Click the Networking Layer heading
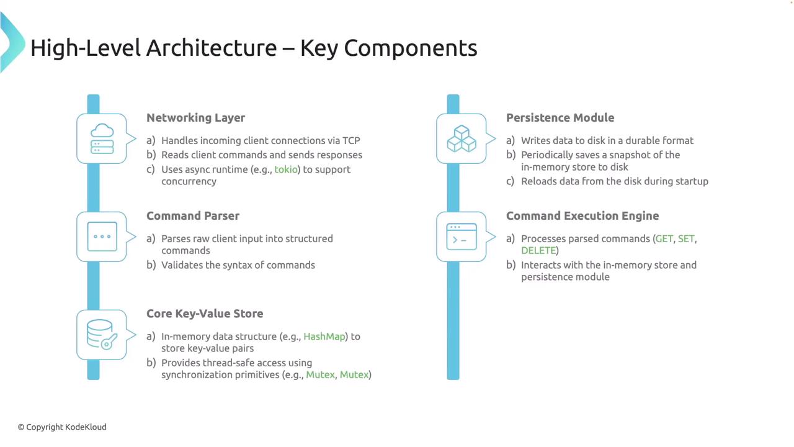[195, 117]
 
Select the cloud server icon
[102, 138]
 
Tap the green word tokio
[286, 169]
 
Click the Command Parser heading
[193, 215]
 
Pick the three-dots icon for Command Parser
[102, 237]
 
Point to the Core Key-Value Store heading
[205, 314]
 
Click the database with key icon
[102, 335]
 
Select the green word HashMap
[324, 336]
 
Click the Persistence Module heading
[560, 117]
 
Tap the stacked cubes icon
[462, 138]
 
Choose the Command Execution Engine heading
[582, 215]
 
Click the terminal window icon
[462, 237]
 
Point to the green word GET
[664, 239]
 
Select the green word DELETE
[538, 250]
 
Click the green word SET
[686, 239]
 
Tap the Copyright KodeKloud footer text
[62, 427]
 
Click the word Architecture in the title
[212, 48]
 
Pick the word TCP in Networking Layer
[351, 140]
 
